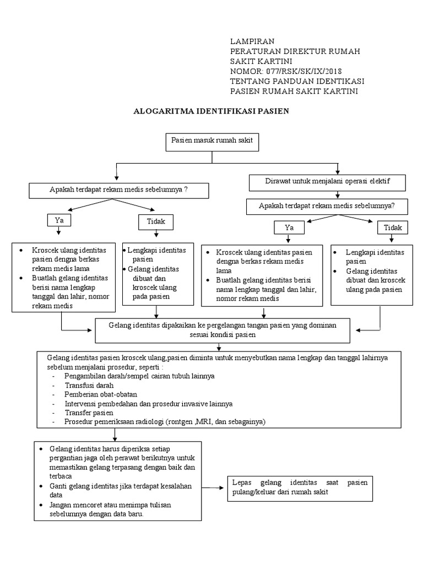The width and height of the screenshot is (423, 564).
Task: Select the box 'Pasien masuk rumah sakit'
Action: coord(212,142)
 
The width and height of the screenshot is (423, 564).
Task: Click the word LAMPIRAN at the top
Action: coord(252,41)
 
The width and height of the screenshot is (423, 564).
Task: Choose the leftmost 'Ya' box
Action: coord(59,220)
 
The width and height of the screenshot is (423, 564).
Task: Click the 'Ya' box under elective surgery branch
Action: coord(289,227)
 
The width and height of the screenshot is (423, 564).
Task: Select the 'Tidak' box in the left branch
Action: coord(156,221)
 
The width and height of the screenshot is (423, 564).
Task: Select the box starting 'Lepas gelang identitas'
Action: coord(299,487)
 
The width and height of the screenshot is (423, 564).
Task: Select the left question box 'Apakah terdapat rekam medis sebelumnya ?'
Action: coord(118,191)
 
